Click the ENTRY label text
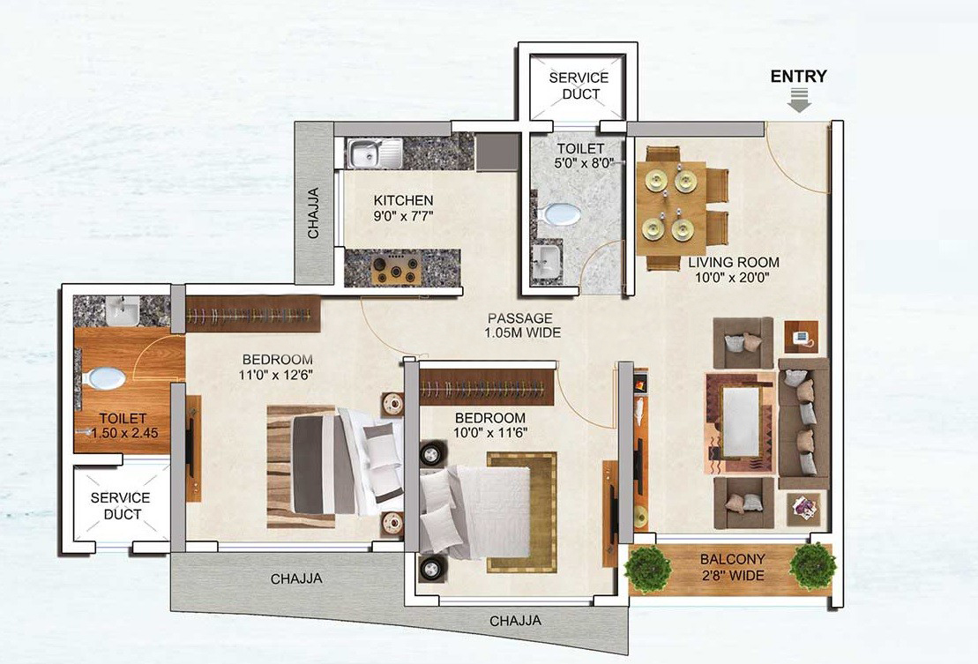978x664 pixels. coord(798,76)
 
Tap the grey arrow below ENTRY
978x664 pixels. coord(799,100)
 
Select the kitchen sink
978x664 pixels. coord(374,153)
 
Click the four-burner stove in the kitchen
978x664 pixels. coord(395,269)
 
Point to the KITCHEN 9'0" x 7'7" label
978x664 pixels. coord(403,208)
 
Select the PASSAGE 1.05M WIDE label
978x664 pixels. coord(522,325)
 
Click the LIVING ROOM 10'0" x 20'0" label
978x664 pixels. coord(734,269)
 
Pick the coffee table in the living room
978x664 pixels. coord(741,422)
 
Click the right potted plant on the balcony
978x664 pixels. coord(812,565)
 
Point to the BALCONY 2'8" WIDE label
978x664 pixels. coord(732,567)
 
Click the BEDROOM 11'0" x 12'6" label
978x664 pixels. coord(277,367)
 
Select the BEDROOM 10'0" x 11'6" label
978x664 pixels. coord(490,425)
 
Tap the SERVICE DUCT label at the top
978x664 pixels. coord(579,86)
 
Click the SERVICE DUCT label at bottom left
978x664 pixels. coord(121,505)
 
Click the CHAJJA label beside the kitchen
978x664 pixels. coord(313,213)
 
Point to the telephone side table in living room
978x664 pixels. coord(801,337)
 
